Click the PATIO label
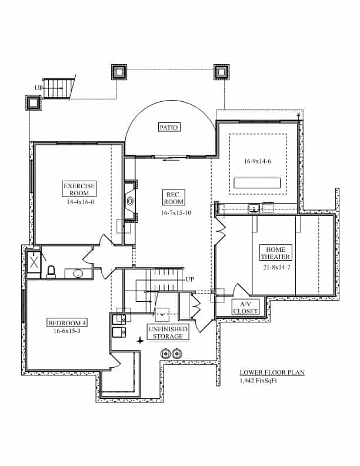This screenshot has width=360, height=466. tap(169, 127)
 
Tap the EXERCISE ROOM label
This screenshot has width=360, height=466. tap(79, 189)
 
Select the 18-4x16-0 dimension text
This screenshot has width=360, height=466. tap(79, 201)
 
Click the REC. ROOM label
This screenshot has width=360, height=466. tap(174, 198)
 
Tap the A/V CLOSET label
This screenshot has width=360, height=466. tap(245, 308)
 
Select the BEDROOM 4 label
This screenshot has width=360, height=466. tap(66, 322)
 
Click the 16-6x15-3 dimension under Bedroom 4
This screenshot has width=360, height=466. tap(66, 331)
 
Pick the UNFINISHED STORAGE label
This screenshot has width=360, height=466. tap(168, 332)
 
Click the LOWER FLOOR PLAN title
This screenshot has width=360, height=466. tap(272, 373)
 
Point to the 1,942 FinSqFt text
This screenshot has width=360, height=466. tap(259, 382)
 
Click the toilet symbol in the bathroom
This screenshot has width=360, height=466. tap(51, 271)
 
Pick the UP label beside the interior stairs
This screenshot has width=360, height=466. tap(189, 279)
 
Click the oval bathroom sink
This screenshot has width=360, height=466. tap(78, 273)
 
